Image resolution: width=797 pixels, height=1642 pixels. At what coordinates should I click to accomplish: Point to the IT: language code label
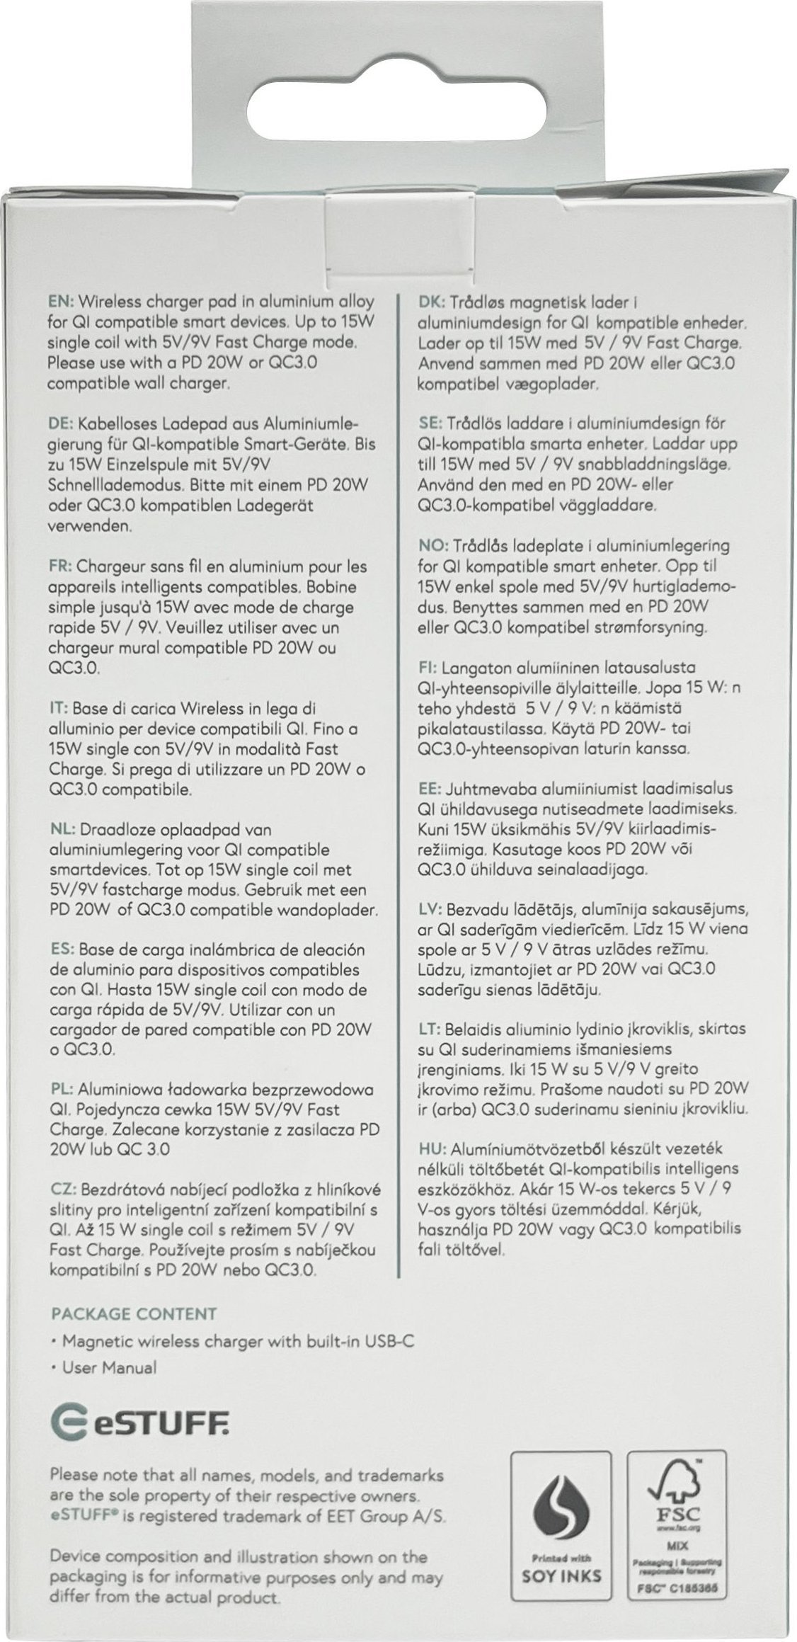coord(57,708)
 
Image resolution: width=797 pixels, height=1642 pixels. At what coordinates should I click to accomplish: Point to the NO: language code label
coord(431,546)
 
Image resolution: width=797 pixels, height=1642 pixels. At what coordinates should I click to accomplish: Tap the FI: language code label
coord(428,668)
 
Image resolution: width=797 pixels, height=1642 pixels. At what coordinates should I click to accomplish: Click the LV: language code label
coord(430,908)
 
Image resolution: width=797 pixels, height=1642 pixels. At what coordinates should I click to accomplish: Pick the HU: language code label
coord(430,1148)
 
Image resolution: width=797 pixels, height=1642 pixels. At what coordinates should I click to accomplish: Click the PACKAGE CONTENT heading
coord(134,1294)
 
